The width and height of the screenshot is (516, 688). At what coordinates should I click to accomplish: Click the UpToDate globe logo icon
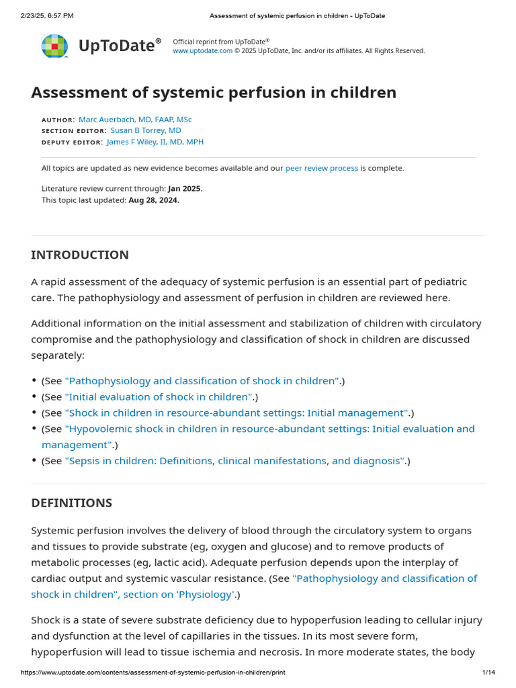(54, 46)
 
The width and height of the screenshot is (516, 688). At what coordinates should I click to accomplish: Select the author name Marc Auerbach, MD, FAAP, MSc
(135, 119)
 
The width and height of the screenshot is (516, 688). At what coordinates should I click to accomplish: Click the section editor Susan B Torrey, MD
(146, 130)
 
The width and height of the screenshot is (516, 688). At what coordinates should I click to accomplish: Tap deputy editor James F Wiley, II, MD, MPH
(155, 142)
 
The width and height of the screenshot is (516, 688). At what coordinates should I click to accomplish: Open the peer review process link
(322, 168)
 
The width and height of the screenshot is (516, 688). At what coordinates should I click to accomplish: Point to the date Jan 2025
(185, 189)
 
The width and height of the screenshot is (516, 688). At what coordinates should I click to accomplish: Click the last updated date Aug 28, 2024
(154, 200)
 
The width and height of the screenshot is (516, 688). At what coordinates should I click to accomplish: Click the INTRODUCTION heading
(80, 255)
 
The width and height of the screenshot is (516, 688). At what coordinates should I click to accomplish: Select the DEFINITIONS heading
(71, 503)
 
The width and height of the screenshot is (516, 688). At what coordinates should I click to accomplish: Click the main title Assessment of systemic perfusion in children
(214, 92)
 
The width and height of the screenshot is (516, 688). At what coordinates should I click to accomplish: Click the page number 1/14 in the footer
(488, 673)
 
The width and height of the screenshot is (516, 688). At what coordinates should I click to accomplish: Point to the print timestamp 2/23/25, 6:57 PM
(47, 15)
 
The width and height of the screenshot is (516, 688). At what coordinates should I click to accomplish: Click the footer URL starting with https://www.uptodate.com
(153, 673)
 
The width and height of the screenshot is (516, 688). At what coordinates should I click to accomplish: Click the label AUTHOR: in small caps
(58, 120)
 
